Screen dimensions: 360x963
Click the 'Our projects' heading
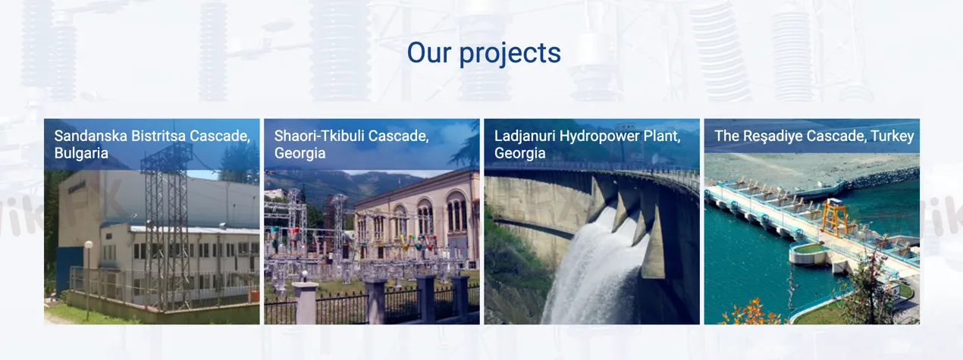coord(484,52)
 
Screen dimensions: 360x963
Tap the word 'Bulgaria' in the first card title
coord(81,153)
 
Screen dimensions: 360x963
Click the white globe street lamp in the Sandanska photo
coord(89,246)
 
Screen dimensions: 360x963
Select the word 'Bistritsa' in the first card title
coord(158,136)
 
